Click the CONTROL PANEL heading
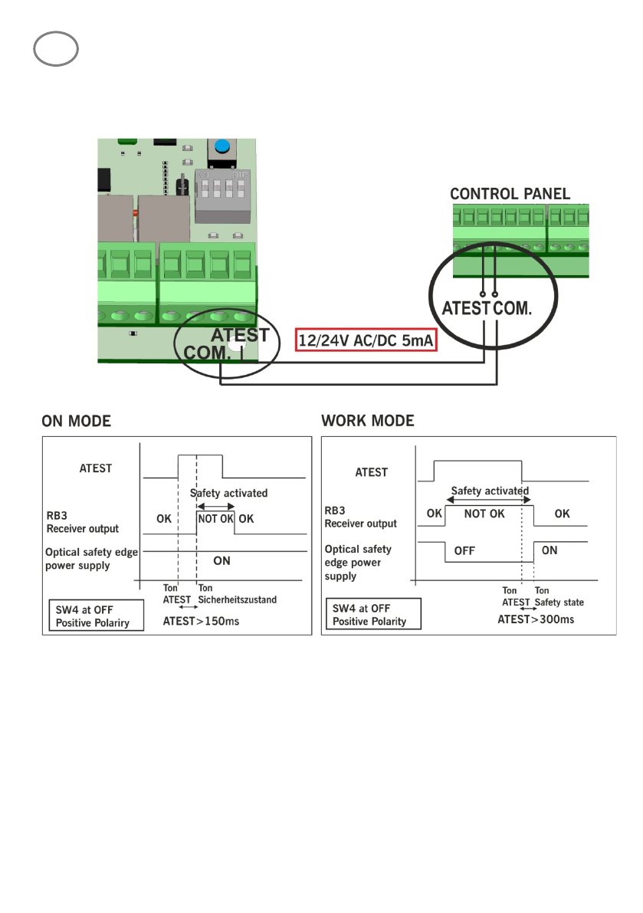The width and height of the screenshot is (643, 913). pos(510,194)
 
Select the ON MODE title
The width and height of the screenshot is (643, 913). pos(76,421)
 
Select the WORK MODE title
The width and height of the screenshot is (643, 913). pos(367,421)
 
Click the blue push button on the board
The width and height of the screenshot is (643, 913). pos(222,146)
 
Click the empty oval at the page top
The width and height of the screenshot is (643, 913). pos(56,50)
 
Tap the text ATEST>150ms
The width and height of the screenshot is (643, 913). pos(201,621)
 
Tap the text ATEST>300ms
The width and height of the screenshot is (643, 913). pos(536,619)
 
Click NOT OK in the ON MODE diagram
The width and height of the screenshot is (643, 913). pos(215,518)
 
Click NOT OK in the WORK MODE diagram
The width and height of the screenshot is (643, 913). pos(484,514)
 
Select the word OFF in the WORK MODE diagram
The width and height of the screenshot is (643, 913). pos(464,550)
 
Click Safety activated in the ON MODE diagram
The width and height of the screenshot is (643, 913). pos(228,494)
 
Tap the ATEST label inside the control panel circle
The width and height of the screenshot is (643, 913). pos(466,309)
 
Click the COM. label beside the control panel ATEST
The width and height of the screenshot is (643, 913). pos(513,309)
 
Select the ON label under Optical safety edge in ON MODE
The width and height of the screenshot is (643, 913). pos(221,560)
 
